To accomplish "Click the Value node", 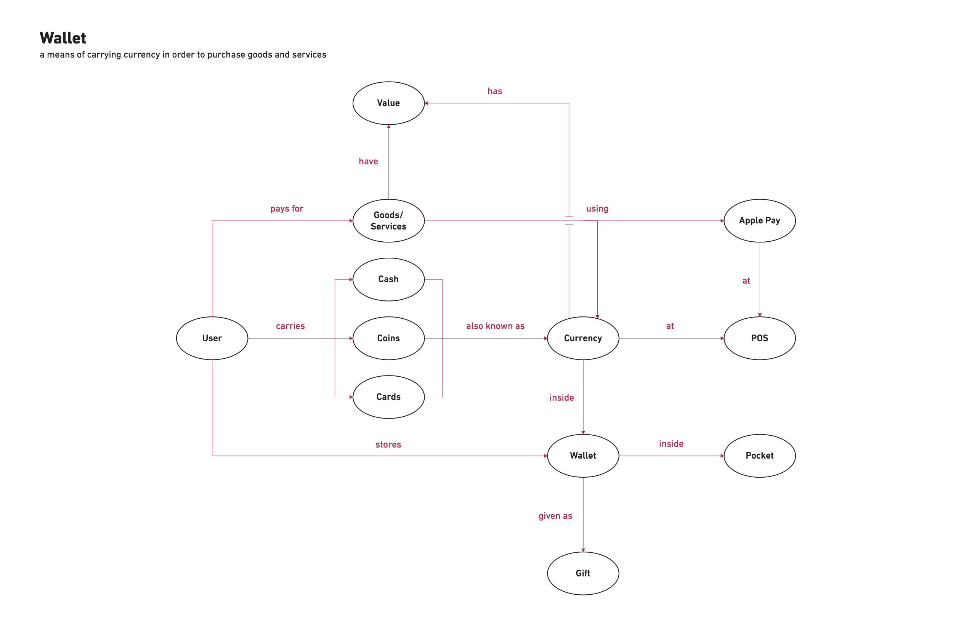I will point(388,103).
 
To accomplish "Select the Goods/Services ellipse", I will point(388,221).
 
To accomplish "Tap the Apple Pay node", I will point(759,221).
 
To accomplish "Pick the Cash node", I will point(388,279).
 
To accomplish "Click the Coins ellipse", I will point(388,338).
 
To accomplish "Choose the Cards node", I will point(388,396).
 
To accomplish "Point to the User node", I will point(212,338).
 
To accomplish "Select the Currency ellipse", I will point(583,338).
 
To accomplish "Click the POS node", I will point(759,338).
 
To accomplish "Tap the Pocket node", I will point(759,456).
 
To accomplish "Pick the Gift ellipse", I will point(583,573).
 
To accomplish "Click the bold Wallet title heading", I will point(63,38).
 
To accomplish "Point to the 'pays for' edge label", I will point(287,209).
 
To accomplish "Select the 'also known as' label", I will point(495,326).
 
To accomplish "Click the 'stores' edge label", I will point(388,444).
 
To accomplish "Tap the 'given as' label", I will point(555,516).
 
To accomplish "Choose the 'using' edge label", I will point(597,209).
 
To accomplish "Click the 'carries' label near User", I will point(290,326).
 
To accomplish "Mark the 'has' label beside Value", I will point(495,91).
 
